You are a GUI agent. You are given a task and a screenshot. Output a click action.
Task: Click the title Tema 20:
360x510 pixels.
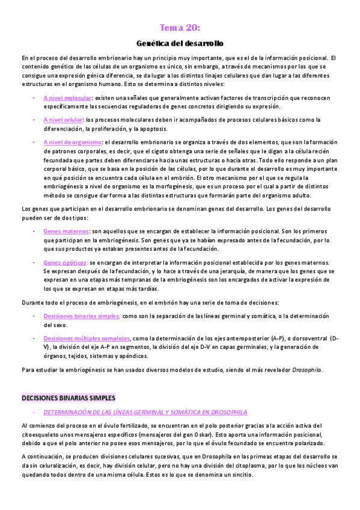[180, 28]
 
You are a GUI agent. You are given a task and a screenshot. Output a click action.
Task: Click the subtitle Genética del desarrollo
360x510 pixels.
[180, 43]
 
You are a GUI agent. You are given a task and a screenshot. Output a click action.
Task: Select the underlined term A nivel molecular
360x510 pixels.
[67, 97]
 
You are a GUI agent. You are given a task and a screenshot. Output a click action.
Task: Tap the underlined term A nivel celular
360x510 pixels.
[63, 120]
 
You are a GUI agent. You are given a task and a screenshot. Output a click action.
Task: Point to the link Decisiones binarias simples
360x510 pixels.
[81, 316]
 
